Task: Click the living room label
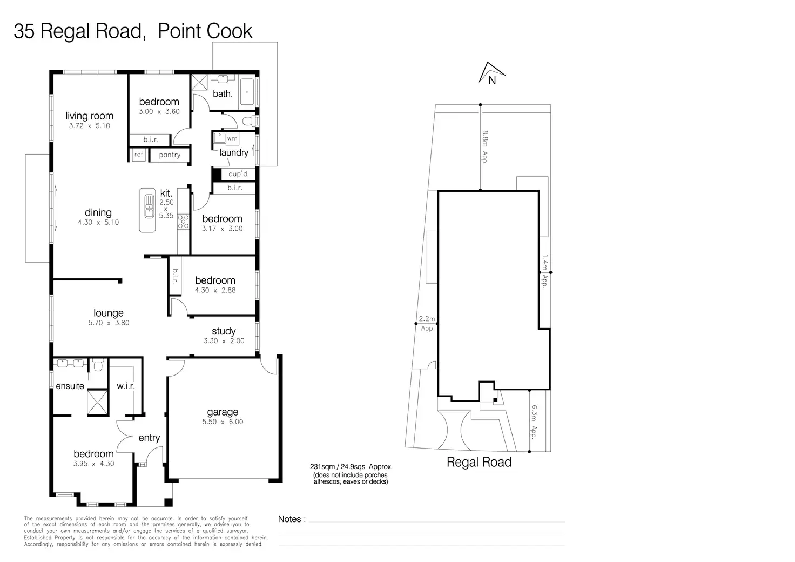point(90,116)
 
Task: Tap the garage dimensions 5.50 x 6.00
point(223,421)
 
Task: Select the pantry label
point(170,155)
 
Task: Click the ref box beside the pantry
point(138,155)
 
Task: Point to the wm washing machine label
point(232,138)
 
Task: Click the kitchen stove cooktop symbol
point(183,222)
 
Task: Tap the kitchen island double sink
point(150,206)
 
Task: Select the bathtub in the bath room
point(247,92)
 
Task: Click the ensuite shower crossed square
point(97,402)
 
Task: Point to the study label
point(224,331)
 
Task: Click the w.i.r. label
point(126,386)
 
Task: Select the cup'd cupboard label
point(238,173)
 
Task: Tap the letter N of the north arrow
point(492,81)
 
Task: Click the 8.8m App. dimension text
point(485,147)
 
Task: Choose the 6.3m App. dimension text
point(534,421)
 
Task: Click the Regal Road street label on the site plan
point(479,462)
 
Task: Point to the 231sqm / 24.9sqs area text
point(351,466)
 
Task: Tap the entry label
point(149,438)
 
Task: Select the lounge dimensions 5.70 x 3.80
point(109,323)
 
